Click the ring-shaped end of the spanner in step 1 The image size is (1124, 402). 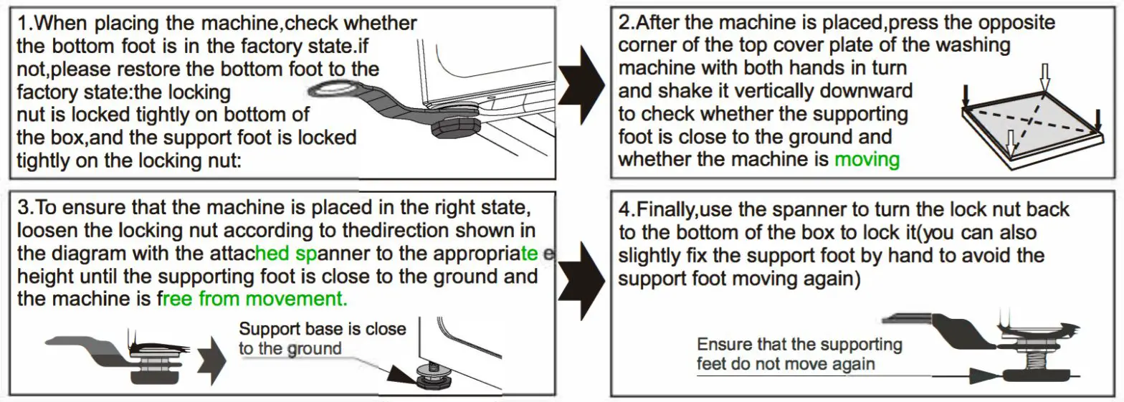331,90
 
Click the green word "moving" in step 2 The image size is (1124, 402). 867,158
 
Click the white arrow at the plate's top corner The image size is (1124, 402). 1044,75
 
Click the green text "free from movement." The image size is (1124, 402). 252,297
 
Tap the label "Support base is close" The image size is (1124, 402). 323,329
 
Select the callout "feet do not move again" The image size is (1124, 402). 786,363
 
